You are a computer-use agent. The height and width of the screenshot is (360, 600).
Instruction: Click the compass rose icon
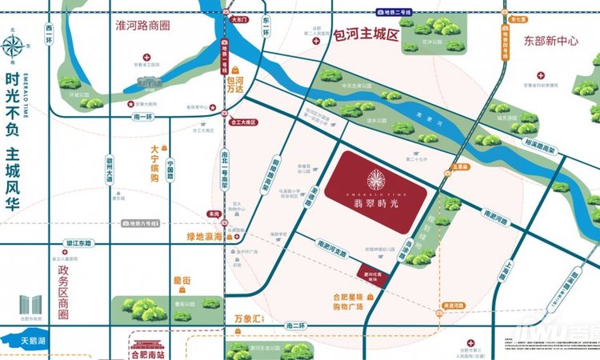tap(14, 46)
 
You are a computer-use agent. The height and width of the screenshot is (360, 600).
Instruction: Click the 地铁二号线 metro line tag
tap(398, 13)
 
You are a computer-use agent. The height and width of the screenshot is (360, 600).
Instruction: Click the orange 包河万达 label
tap(235, 87)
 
